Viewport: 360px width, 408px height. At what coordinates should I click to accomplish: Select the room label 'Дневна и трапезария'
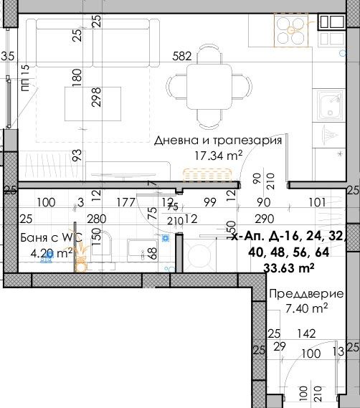click(x=218, y=141)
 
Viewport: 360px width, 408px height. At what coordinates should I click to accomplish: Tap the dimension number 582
click(x=183, y=55)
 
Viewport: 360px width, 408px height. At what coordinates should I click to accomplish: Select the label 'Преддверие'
click(x=298, y=294)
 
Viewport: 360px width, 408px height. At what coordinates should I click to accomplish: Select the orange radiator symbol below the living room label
click(x=207, y=174)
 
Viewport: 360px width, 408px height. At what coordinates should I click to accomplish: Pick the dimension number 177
click(x=125, y=203)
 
